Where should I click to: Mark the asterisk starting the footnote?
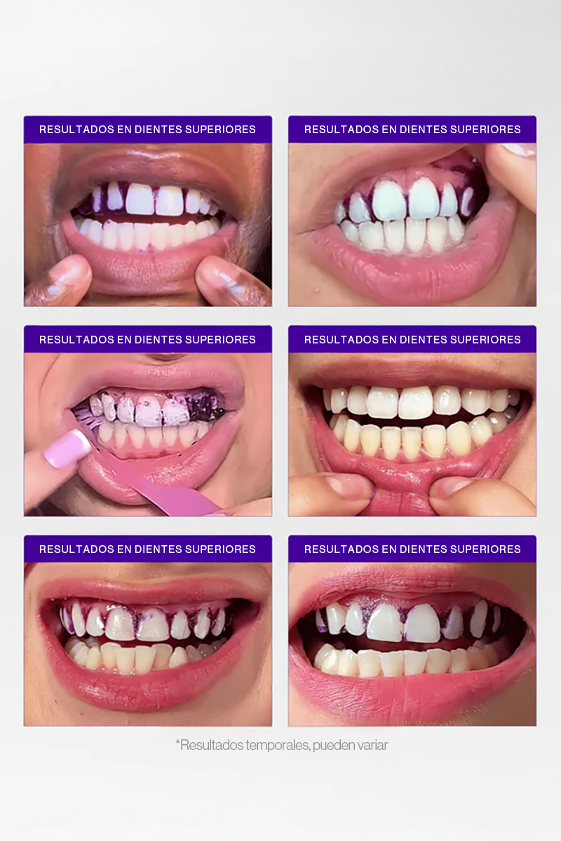click(x=178, y=743)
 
